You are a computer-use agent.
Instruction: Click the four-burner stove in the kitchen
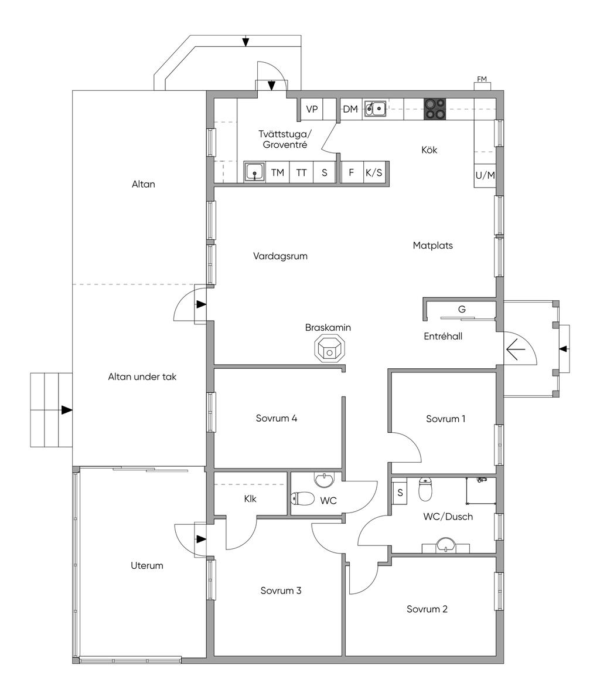pyautogui.click(x=435, y=108)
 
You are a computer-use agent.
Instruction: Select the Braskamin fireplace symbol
pyautogui.click(x=330, y=348)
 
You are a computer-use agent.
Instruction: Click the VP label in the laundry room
pyautogui.click(x=312, y=108)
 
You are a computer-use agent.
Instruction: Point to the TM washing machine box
pyautogui.click(x=278, y=172)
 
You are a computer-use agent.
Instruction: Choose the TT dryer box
pyautogui.click(x=302, y=172)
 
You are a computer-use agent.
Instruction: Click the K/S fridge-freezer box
pyautogui.click(x=374, y=172)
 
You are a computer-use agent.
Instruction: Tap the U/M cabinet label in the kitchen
pyautogui.click(x=485, y=175)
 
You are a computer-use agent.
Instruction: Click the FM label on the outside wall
pyautogui.click(x=482, y=79)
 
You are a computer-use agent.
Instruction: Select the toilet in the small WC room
pyautogui.click(x=302, y=498)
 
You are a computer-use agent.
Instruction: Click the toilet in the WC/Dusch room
pyautogui.click(x=425, y=489)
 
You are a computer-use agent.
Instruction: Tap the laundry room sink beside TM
pyautogui.click(x=255, y=172)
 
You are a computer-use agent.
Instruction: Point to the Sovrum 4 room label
pyautogui.click(x=276, y=418)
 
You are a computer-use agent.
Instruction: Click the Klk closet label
pyautogui.click(x=250, y=498)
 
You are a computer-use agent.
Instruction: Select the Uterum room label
pyautogui.click(x=147, y=565)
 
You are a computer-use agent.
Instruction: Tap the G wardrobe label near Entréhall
pyautogui.click(x=462, y=309)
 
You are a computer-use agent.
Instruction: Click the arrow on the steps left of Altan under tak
pyautogui.click(x=67, y=410)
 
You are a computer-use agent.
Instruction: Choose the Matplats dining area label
pyautogui.click(x=433, y=245)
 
